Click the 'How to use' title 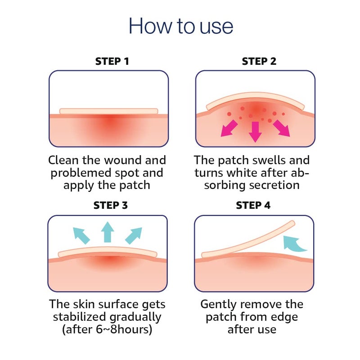[x=181, y=26]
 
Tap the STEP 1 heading [x=112, y=61]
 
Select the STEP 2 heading [x=259, y=61]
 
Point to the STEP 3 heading [x=110, y=205]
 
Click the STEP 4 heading [x=253, y=205]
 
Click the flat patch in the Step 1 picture [x=108, y=111]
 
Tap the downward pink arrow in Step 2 [x=255, y=132]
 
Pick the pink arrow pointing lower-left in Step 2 [x=229, y=129]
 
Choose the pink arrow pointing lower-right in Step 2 [x=282, y=129]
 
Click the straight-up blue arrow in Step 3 [x=108, y=232]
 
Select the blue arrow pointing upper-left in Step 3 [x=81, y=235]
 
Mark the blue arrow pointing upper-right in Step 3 [x=134, y=235]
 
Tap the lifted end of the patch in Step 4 [x=292, y=223]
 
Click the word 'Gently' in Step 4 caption [x=218, y=305]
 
